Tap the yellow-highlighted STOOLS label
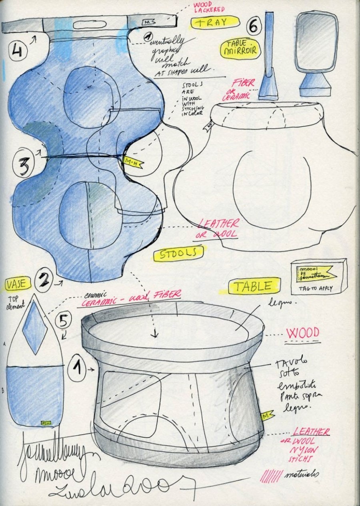coord(178,254)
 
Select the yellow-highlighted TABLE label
coord(252,286)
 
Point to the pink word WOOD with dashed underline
coord(302,333)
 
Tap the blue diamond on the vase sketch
coord(35,327)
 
